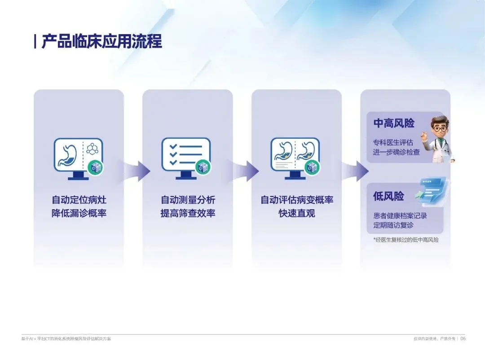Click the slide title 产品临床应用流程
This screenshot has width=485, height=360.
(x=101, y=42)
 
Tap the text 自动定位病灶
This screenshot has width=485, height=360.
(x=79, y=200)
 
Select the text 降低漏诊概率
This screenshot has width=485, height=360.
(x=79, y=213)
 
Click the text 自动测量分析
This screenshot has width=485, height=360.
(x=188, y=200)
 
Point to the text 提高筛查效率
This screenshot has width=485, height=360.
(x=188, y=213)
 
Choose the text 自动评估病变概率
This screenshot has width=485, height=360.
(x=297, y=200)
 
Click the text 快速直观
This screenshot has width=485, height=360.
(x=297, y=213)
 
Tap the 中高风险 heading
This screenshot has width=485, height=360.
(x=394, y=123)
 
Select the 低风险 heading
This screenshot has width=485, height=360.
(x=388, y=196)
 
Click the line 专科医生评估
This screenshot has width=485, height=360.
(x=392, y=142)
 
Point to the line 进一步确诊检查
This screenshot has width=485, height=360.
(x=397, y=152)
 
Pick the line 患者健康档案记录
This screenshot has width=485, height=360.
(x=400, y=215)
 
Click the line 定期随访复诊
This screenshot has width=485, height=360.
(x=393, y=225)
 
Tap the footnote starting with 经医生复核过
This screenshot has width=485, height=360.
(x=406, y=240)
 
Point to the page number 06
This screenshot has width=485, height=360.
(x=463, y=338)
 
